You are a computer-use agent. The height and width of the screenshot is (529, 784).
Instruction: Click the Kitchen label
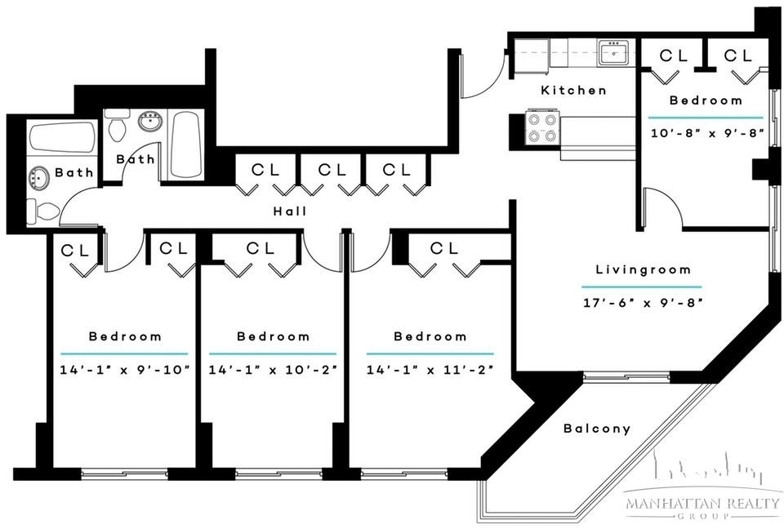tap(573, 91)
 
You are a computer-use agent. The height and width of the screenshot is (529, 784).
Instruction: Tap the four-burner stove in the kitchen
tap(542, 127)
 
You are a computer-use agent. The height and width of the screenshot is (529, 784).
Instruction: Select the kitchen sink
tap(614, 52)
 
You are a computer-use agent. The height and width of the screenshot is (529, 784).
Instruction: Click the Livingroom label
tap(643, 270)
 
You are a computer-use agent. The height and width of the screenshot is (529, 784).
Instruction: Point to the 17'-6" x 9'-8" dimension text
tap(643, 303)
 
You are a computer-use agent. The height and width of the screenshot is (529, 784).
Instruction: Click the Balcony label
tap(596, 429)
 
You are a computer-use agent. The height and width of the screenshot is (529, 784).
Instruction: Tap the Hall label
tap(290, 211)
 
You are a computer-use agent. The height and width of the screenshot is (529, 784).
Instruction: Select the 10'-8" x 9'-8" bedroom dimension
tap(707, 134)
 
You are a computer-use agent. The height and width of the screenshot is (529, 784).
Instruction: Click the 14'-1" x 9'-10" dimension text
tap(125, 370)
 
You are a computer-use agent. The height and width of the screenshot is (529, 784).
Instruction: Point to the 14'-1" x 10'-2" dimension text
tap(273, 370)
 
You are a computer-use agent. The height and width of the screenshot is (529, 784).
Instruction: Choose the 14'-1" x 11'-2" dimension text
tap(430, 370)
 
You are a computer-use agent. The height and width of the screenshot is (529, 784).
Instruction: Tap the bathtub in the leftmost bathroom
tap(62, 137)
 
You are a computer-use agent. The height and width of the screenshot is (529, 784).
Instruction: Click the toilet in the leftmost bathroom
tap(42, 211)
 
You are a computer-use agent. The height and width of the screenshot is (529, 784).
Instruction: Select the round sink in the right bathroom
tap(150, 122)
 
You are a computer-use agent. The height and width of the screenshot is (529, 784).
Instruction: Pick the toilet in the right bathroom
tap(118, 126)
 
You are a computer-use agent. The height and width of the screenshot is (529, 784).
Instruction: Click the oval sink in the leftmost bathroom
tap(39, 179)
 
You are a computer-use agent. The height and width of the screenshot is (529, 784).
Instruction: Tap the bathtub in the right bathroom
tap(186, 144)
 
